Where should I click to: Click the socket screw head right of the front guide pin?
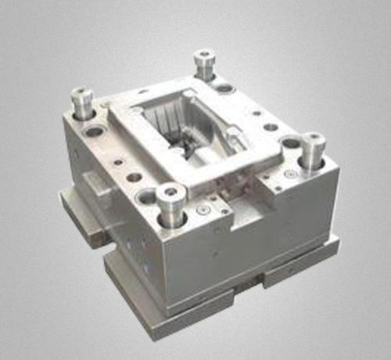203,209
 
